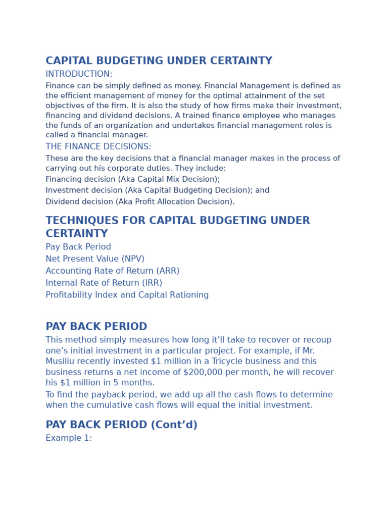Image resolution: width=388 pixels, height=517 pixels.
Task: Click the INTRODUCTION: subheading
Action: click(79, 74)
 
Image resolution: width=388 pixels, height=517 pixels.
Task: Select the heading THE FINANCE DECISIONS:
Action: click(98, 147)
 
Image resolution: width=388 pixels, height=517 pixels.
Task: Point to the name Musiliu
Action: click(62, 361)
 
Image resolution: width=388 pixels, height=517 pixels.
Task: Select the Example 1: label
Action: click(69, 438)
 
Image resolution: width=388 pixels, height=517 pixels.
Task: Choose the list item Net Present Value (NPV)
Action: click(95, 259)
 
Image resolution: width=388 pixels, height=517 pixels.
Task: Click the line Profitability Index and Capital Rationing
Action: click(127, 295)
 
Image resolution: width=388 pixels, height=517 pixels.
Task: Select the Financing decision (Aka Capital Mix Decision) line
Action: click(132, 179)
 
